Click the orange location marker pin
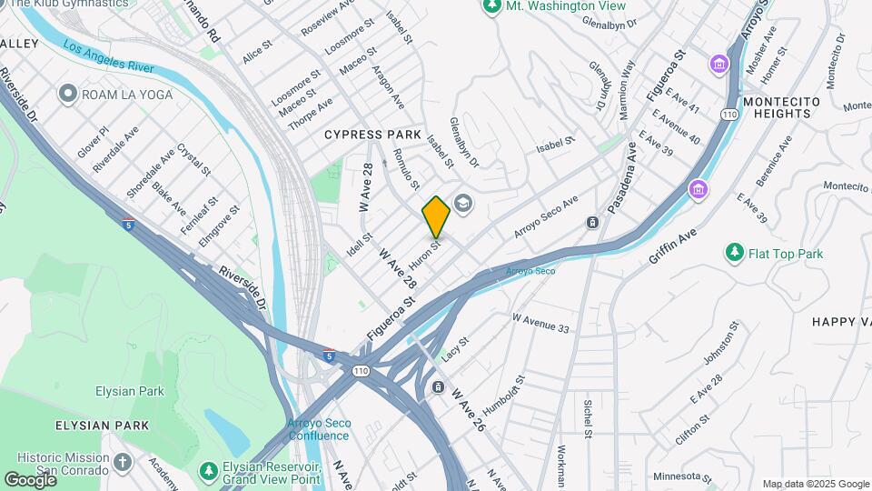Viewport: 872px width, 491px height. pyautogui.click(x=436, y=216)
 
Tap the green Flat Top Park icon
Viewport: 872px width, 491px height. pyautogui.click(x=734, y=253)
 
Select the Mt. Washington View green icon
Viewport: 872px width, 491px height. pyautogui.click(x=492, y=6)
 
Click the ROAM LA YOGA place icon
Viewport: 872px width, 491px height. pyautogui.click(x=66, y=94)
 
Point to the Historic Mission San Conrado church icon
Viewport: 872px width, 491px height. pyautogui.click(x=123, y=463)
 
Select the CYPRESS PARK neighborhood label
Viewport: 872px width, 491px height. pyautogui.click(x=373, y=135)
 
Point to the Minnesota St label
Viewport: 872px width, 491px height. pyautogui.click(x=682, y=476)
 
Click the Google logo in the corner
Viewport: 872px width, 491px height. pyautogui.click(x=30, y=479)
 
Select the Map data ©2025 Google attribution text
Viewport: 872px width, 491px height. pyautogui.click(x=815, y=484)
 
